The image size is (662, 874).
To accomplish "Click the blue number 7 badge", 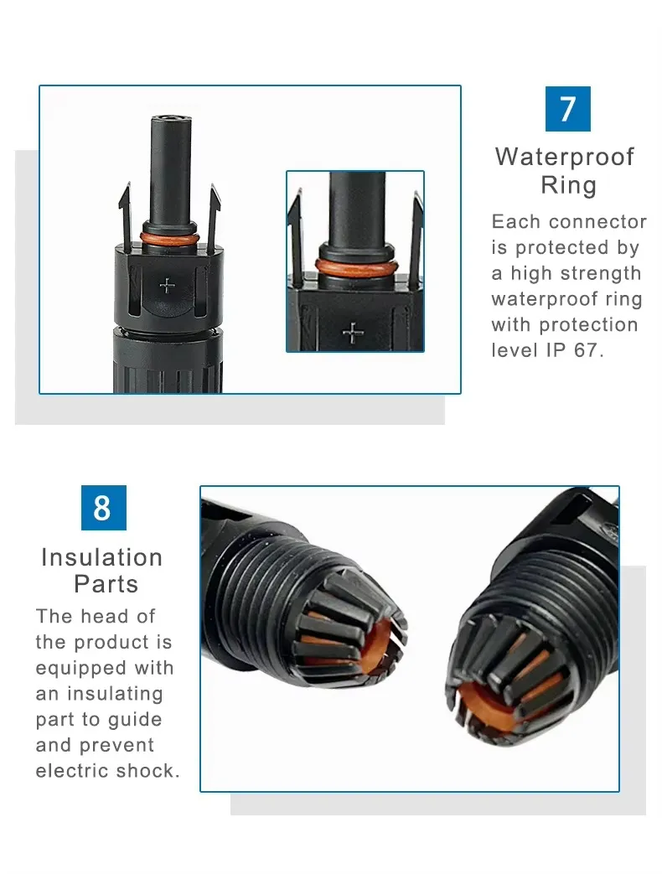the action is click(x=567, y=109).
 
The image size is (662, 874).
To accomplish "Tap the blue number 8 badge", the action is click(x=104, y=507).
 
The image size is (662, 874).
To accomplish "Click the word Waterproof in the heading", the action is click(x=565, y=157).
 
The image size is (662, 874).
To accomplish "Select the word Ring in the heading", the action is click(x=568, y=185).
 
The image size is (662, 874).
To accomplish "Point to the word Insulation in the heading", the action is click(x=102, y=557).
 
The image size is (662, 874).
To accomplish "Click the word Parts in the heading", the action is click(x=106, y=584).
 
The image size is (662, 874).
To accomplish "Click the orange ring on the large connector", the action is click(x=169, y=239).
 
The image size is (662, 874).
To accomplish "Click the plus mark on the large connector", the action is click(x=167, y=286).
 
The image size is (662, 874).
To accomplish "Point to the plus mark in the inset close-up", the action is click(x=353, y=334).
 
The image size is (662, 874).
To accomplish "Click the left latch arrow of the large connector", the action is click(x=126, y=216).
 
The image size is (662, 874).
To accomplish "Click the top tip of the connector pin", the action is click(x=170, y=117).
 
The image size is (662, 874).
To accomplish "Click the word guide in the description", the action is click(x=135, y=720).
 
